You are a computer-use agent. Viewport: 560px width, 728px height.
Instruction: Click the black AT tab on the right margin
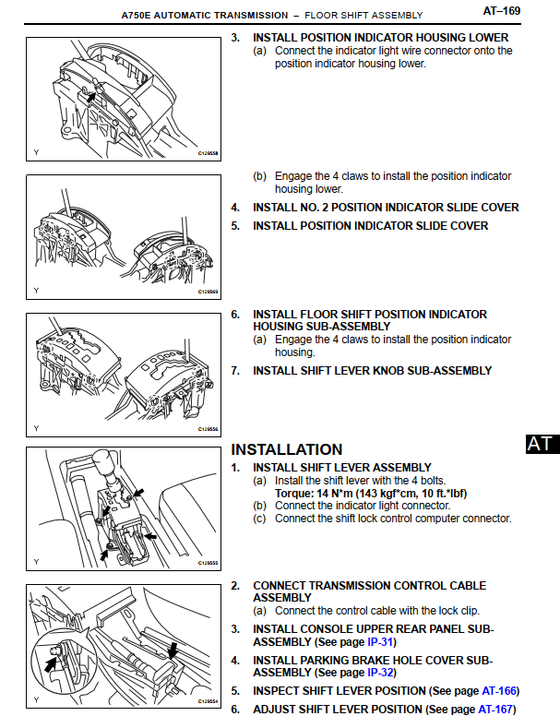540,444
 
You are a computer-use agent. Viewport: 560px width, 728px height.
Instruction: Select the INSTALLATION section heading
286,450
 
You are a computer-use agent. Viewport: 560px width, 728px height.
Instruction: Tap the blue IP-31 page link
380,641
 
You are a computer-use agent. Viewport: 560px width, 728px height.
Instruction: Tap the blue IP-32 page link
379,673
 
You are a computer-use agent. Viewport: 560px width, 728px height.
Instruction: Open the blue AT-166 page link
498,690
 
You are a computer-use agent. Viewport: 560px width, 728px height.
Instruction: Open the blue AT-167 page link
497,709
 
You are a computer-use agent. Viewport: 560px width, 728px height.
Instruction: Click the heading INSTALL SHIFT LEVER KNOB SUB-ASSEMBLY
372,371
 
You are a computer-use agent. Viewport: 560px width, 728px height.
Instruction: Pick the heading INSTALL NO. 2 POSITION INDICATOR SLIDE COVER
386,208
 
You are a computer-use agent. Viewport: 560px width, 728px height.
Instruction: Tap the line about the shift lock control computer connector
393,519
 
